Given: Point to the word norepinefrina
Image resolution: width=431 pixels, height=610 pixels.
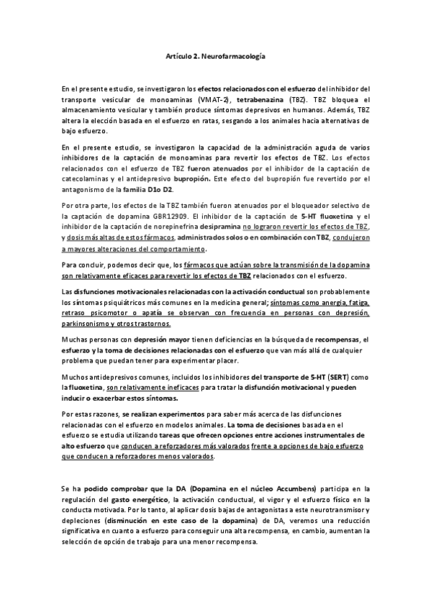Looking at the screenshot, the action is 166,227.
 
